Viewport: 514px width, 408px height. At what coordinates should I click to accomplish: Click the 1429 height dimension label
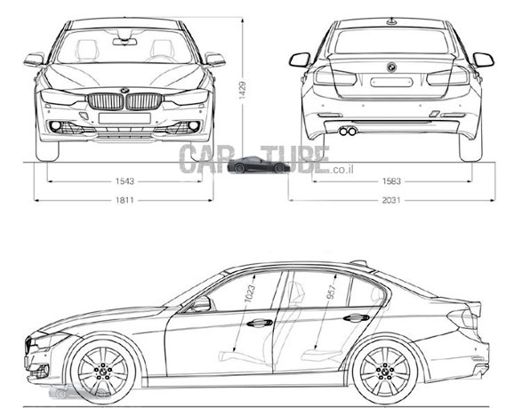point(242,90)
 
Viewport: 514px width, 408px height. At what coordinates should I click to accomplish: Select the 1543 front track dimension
point(124,181)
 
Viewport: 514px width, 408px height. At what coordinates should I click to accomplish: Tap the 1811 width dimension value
point(124,200)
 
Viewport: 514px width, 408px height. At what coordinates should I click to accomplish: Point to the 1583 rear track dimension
point(391,181)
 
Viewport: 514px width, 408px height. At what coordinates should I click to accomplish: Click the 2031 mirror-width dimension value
point(391,200)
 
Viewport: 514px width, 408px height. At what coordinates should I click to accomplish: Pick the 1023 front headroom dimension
point(250,293)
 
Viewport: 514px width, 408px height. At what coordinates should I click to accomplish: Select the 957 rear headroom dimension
point(331,292)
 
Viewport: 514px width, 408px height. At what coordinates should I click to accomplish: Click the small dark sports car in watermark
point(259,164)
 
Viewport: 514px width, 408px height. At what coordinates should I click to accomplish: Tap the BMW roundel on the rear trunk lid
point(391,68)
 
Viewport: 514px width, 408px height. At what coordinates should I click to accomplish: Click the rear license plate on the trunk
point(391,82)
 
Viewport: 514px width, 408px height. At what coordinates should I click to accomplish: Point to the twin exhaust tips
point(348,131)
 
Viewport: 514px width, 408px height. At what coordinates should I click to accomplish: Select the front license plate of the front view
point(124,118)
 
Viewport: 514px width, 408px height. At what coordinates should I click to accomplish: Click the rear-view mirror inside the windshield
point(124,42)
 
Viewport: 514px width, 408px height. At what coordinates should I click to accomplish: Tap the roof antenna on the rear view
point(391,21)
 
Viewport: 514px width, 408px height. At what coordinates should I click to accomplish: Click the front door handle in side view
point(260,324)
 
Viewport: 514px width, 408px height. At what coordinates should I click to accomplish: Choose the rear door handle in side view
point(357,317)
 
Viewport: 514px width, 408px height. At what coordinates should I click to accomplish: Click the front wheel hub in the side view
point(102,371)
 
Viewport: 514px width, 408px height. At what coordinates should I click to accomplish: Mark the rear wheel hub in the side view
point(385,371)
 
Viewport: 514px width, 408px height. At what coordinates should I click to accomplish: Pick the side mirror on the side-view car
point(201,304)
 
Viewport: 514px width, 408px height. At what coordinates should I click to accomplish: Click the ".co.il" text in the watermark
point(341,170)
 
